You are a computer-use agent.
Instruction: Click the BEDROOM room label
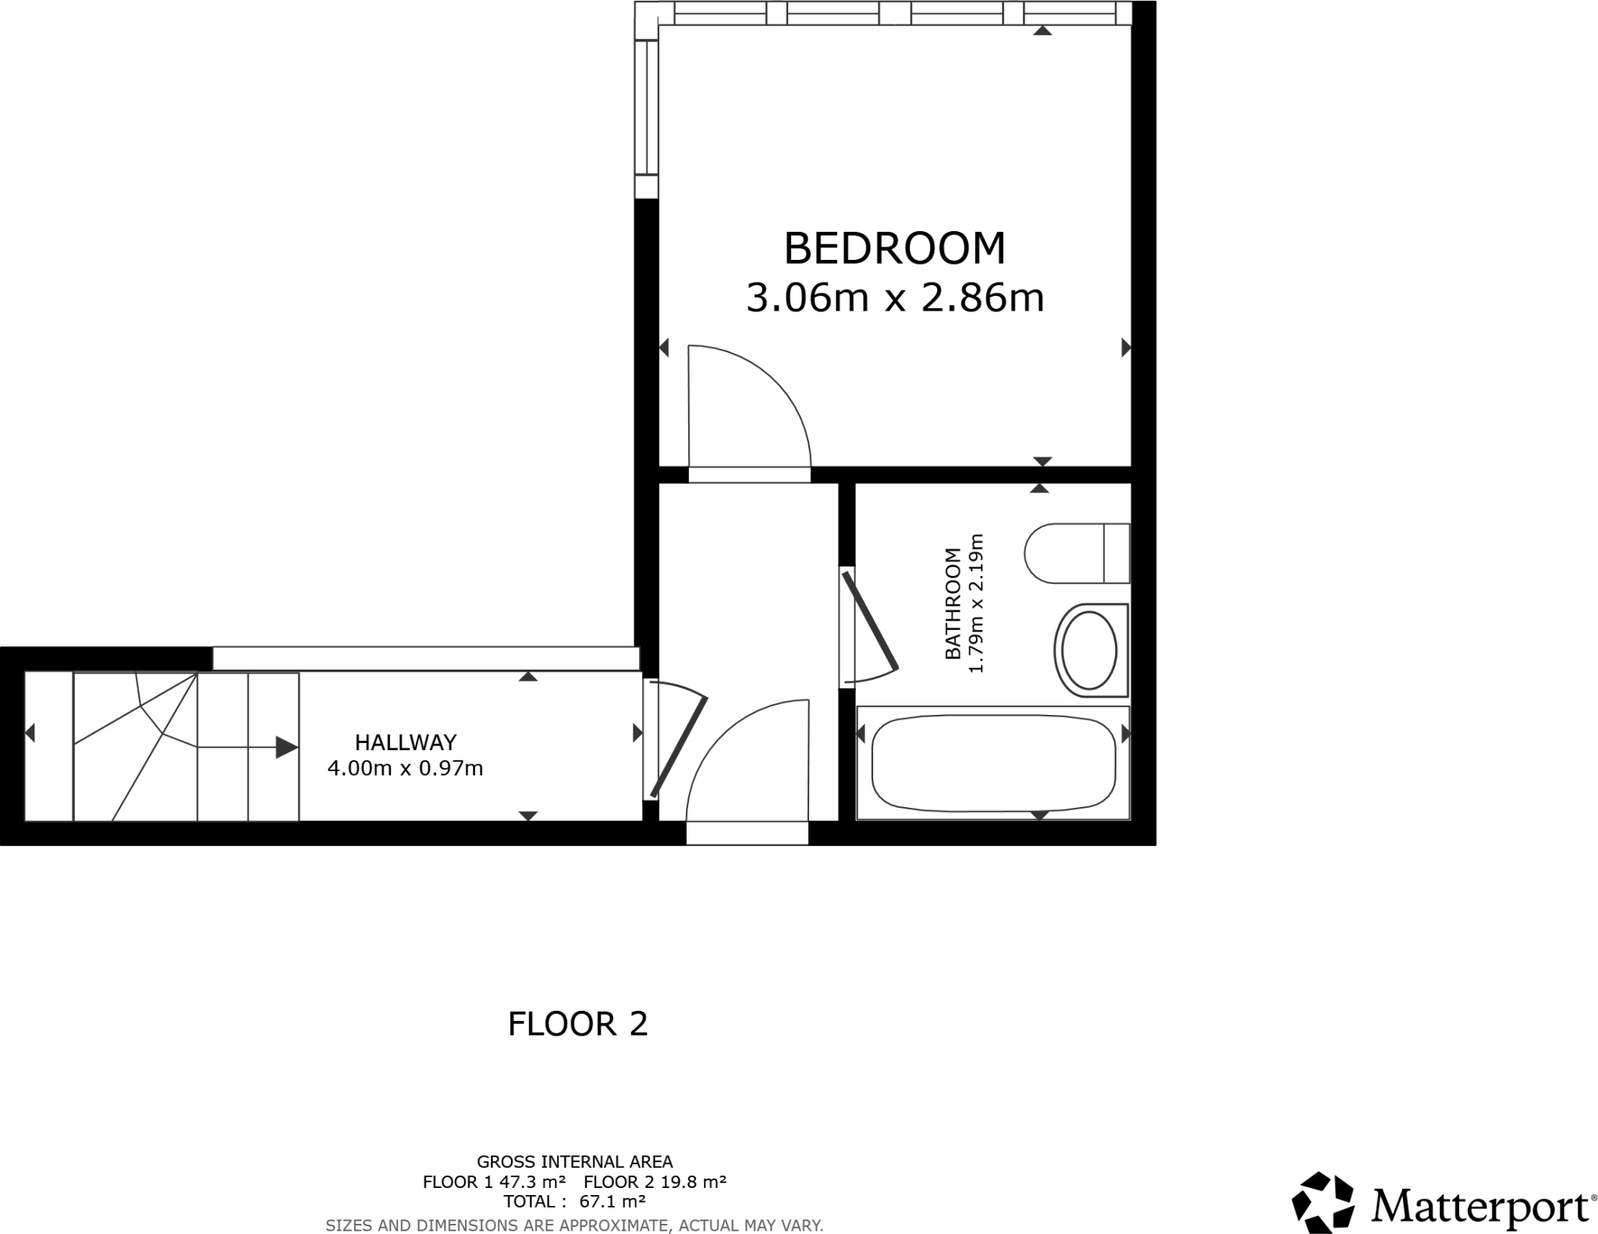[894, 248]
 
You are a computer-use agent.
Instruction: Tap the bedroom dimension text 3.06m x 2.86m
[894, 298]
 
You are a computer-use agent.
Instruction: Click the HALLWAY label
[405, 741]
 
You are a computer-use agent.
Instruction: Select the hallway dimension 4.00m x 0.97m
[405, 769]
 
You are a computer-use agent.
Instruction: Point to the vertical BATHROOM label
[952, 603]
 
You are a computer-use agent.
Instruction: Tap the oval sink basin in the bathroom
[1089, 650]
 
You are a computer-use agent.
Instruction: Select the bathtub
[993, 763]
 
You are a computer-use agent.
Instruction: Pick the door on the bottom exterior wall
[747, 833]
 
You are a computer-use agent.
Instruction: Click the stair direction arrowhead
[286, 748]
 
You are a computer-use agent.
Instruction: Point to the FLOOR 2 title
[577, 1024]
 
